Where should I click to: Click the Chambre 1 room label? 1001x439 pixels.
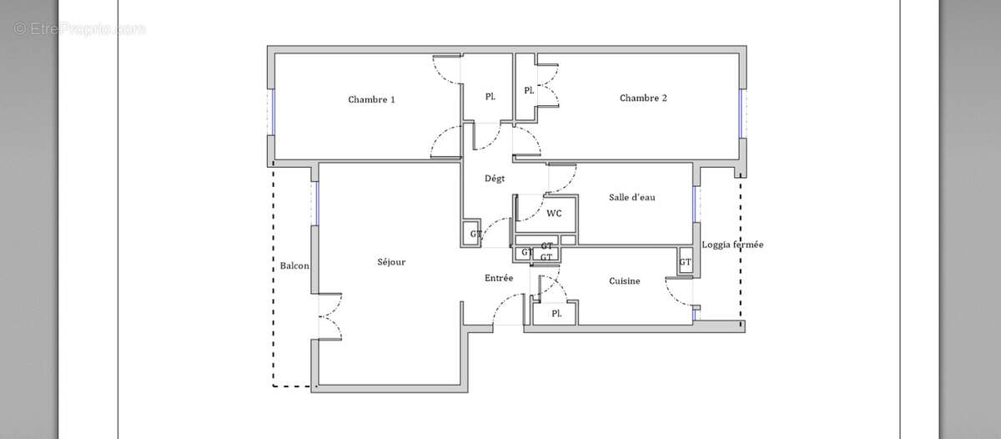point(371,99)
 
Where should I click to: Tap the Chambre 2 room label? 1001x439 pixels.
point(643,98)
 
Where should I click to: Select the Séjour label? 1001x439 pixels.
point(391,262)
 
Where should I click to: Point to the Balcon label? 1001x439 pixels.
point(294,266)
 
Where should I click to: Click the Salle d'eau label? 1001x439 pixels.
point(631,197)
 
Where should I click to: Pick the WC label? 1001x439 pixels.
point(554,213)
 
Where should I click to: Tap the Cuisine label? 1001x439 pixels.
point(624,281)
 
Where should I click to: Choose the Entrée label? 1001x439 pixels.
point(499,278)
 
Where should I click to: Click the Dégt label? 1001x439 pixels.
point(495,178)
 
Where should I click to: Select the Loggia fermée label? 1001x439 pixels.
point(732,245)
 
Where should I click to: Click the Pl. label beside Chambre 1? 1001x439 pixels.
point(490,97)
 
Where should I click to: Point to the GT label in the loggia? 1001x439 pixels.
point(685,262)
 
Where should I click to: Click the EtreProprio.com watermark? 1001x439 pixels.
point(80,29)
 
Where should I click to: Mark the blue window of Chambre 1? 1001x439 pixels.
point(273,111)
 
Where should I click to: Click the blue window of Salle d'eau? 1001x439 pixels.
point(694,204)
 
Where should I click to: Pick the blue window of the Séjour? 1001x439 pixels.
point(317,203)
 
